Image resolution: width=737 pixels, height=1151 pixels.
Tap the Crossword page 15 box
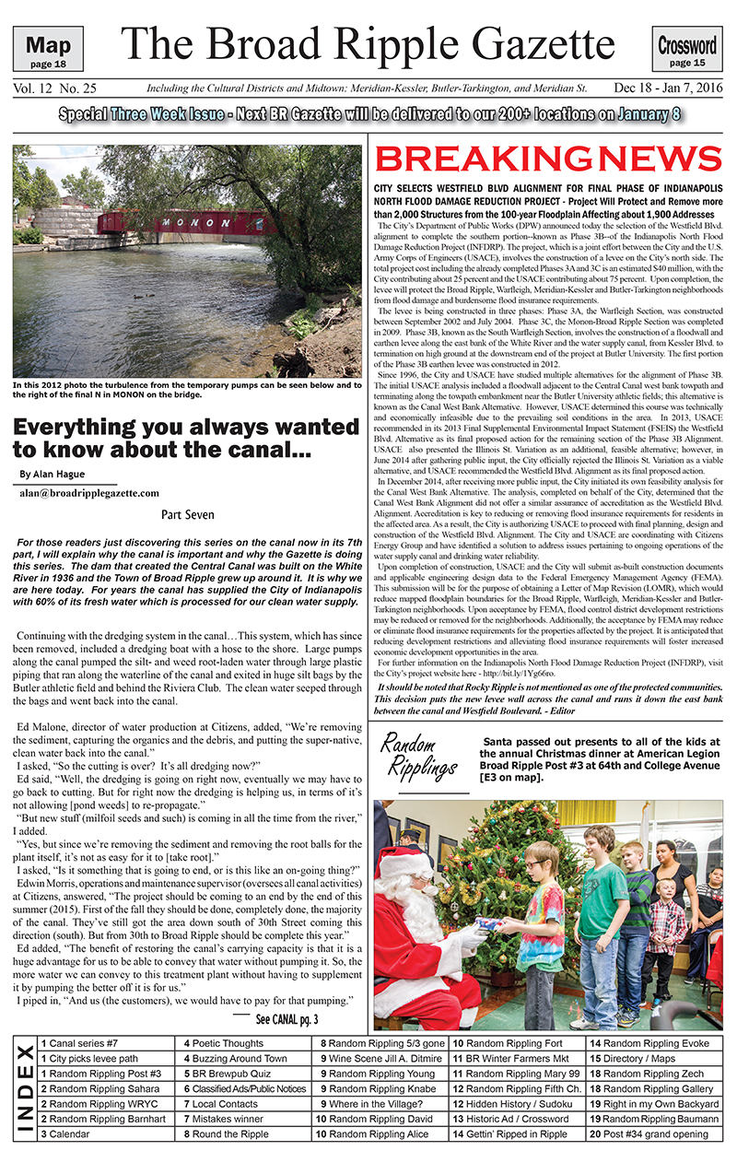[687, 49]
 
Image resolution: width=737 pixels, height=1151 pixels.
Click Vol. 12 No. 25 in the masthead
[55, 88]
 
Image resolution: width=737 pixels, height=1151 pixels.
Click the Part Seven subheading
[188, 515]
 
